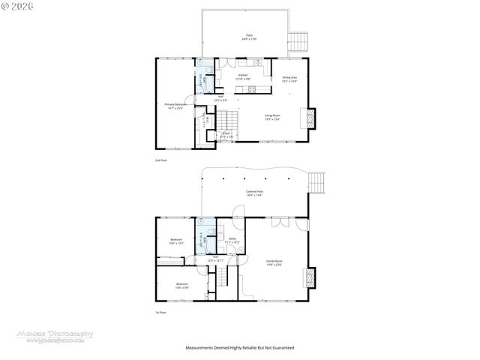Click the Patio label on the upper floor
(249, 36)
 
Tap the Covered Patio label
(253, 193)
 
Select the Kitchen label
(243, 76)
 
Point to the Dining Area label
(289, 78)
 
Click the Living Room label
(273, 116)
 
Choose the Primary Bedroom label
(174, 106)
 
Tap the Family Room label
(274, 262)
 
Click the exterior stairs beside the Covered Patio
(319, 182)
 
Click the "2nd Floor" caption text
(159, 160)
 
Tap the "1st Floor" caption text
(159, 313)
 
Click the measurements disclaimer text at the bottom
(240, 348)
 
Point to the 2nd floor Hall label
(221, 97)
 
